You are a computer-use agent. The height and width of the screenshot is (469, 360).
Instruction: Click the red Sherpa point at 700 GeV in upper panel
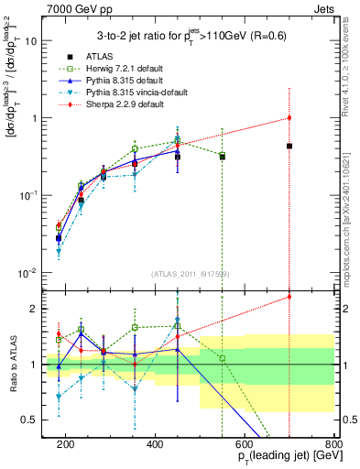[x=289, y=117]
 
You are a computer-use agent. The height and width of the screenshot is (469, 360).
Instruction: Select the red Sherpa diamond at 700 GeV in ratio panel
[x=289, y=296]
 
